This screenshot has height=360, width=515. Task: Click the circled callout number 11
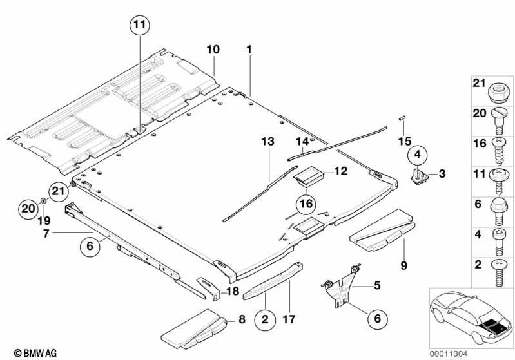point(140,25)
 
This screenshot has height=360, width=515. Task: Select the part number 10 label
point(213,50)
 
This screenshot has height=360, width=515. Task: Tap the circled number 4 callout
point(418,155)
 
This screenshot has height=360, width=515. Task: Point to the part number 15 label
point(405,142)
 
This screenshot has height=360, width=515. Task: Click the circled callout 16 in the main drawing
point(306,204)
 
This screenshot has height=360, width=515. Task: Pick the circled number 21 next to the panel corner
point(59,191)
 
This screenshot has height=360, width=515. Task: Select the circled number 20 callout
point(28,209)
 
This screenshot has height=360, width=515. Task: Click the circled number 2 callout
point(265,319)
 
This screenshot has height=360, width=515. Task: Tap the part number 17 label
point(289,319)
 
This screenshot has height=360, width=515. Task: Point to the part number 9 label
point(403,265)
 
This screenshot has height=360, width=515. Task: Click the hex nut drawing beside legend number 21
point(500,92)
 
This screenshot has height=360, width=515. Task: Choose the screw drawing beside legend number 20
point(500,121)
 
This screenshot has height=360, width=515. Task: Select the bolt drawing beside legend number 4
point(500,242)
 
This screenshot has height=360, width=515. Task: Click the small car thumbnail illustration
point(471,318)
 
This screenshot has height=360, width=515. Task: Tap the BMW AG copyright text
point(35,353)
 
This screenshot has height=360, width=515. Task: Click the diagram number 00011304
point(448,354)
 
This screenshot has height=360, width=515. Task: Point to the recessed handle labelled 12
point(308,176)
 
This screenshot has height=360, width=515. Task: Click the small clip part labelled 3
point(420,176)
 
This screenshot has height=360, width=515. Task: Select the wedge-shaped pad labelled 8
point(194,329)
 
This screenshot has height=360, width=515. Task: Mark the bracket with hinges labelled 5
point(342,285)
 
